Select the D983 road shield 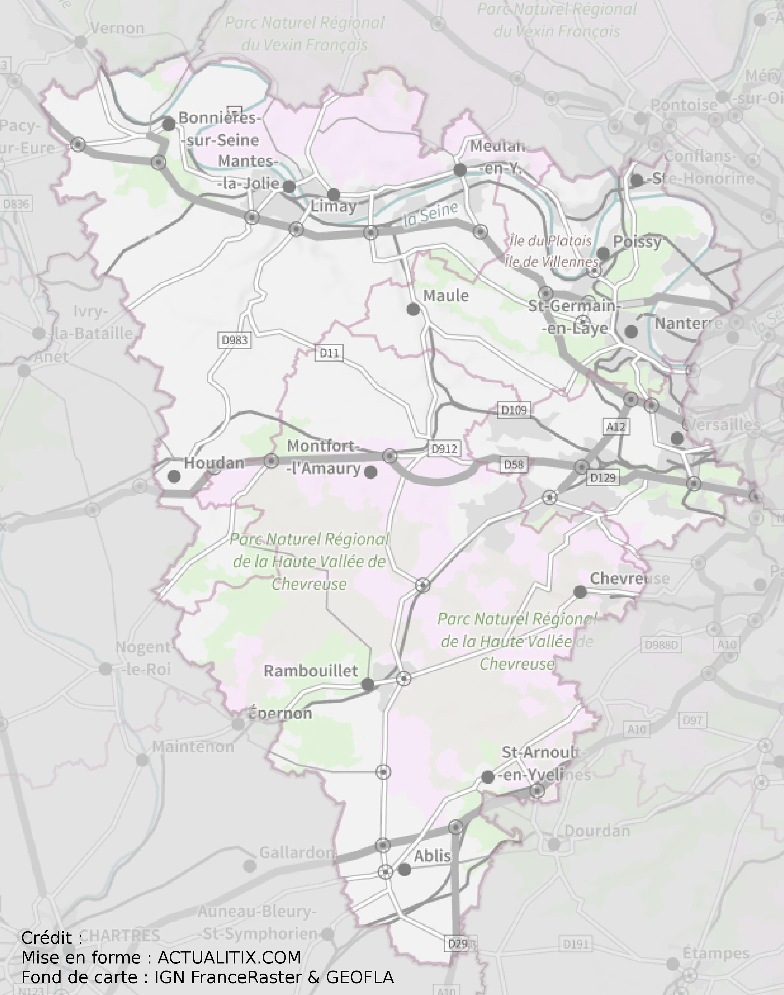click(x=235, y=340)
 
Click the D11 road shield click(x=329, y=353)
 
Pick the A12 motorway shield click(x=616, y=427)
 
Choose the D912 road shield click(x=444, y=449)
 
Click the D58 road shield click(x=514, y=465)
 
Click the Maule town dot click(x=413, y=310)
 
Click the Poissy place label click(x=637, y=242)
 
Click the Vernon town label click(x=117, y=28)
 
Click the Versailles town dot click(x=677, y=438)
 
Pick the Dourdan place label click(x=597, y=830)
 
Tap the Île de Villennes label click(x=552, y=262)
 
